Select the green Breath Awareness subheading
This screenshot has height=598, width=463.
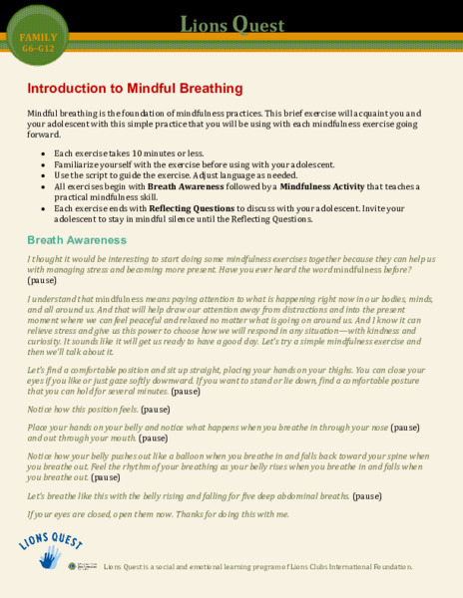coord(77,240)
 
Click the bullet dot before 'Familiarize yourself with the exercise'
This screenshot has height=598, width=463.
coord(42,163)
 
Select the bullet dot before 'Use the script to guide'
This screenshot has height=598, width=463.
coord(42,174)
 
